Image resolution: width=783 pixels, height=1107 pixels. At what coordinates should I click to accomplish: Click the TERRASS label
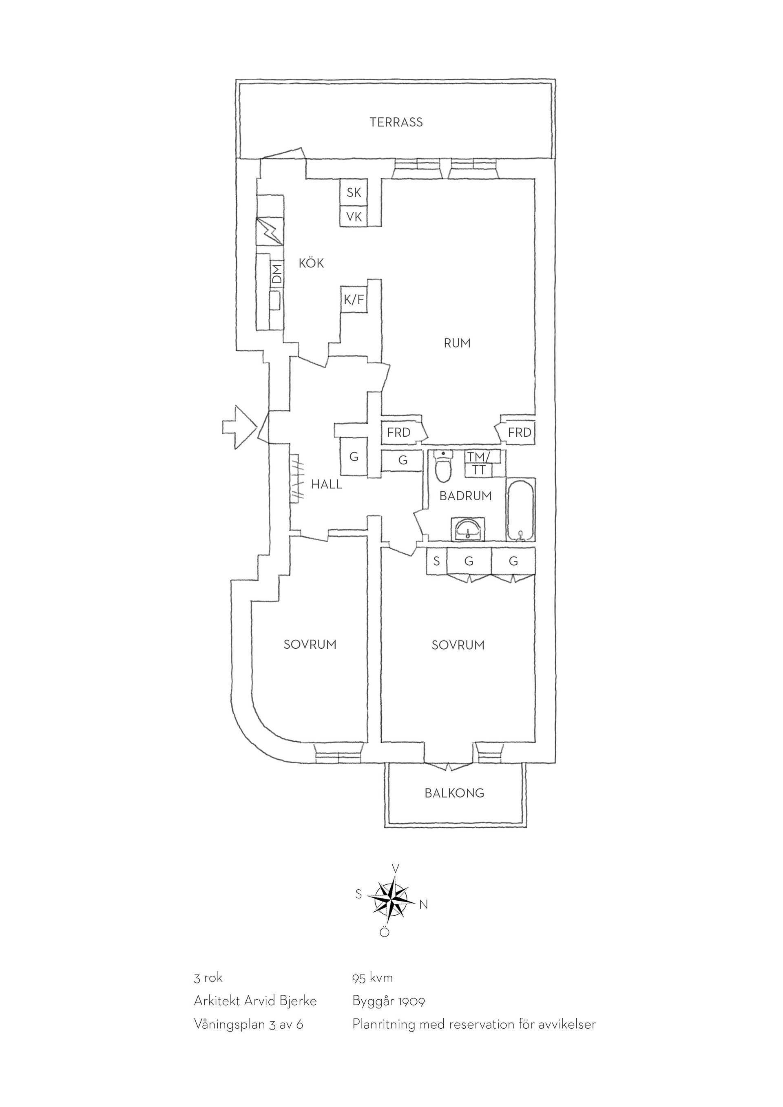tap(396, 122)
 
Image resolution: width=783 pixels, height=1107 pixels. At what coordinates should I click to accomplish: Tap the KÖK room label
tap(311, 263)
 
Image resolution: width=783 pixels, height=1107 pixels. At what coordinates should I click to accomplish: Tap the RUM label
tap(457, 343)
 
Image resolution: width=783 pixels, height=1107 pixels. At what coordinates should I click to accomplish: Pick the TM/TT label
tap(478, 463)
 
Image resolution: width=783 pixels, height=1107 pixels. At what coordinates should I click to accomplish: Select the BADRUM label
tap(465, 496)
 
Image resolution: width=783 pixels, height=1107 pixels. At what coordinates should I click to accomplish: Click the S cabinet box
tap(436, 561)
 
